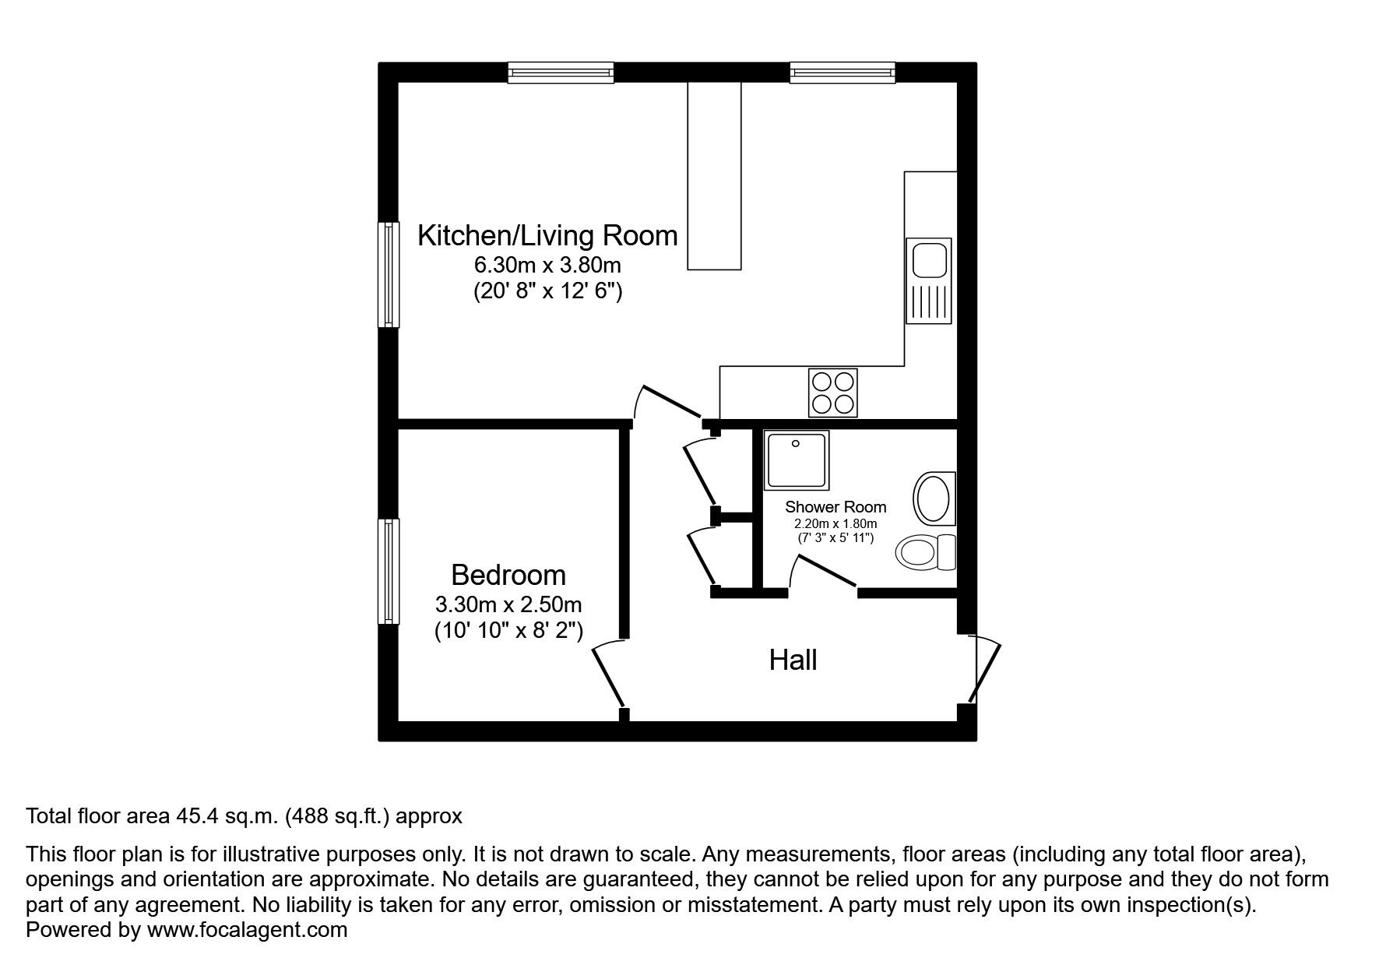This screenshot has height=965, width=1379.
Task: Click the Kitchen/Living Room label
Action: click(x=547, y=235)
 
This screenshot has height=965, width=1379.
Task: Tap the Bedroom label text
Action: click(x=508, y=576)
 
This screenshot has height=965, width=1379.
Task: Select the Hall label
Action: click(x=793, y=660)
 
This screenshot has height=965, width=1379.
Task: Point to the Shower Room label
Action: click(x=835, y=507)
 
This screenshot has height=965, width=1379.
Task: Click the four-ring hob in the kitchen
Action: click(x=833, y=392)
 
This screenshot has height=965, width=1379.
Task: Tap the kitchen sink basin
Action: click(x=928, y=259)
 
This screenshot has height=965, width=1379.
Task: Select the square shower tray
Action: click(x=796, y=460)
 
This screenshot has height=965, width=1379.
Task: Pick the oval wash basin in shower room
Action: click(x=931, y=498)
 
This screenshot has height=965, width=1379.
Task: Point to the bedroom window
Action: click(x=389, y=571)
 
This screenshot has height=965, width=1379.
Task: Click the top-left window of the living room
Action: click(x=560, y=72)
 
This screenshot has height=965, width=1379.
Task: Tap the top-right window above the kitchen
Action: click(x=842, y=72)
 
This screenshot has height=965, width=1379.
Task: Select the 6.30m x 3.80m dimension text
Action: click(x=547, y=265)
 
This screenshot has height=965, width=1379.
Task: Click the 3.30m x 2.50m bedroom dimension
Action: click(x=508, y=604)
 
